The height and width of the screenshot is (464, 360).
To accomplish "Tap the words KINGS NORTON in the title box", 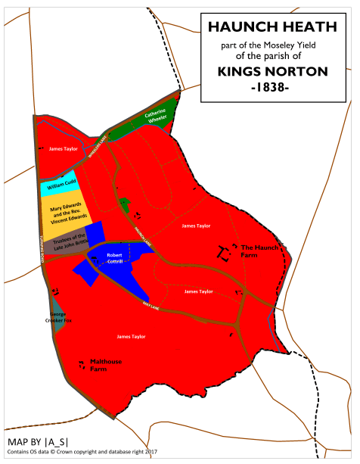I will (272, 72).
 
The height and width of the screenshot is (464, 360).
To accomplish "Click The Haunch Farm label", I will (253, 251).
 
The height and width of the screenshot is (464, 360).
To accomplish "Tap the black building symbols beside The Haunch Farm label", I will (224, 253).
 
